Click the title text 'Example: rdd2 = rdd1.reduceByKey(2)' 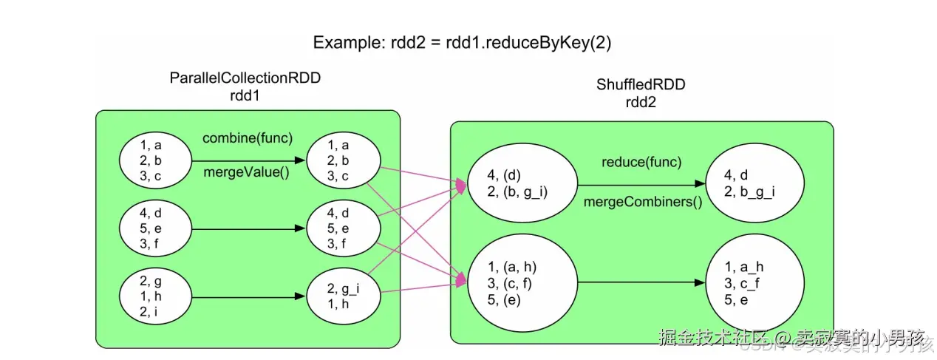[x=462, y=42]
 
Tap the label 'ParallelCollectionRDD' [x=245, y=78]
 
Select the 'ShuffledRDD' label [x=641, y=85]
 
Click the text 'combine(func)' [x=248, y=138]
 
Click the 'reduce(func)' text [x=641, y=163]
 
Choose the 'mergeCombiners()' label [x=641, y=201]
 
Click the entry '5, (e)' [x=505, y=299]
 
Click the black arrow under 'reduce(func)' [x=641, y=185]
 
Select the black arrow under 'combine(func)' [x=248, y=160]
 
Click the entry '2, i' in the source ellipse [x=151, y=311]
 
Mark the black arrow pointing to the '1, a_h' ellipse [x=641, y=282]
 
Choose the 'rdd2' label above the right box [x=641, y=102]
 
